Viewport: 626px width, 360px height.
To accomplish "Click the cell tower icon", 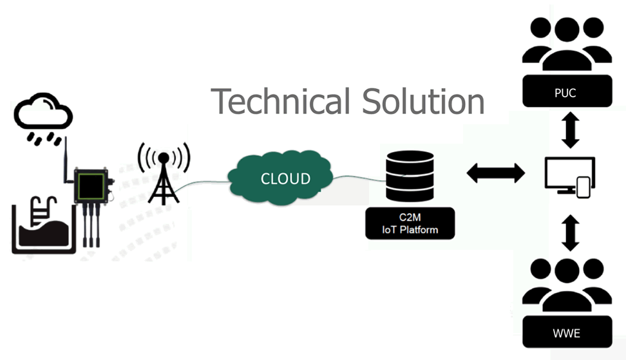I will [x=164, y=173].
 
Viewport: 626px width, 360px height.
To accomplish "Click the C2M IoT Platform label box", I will [x=410, y=224].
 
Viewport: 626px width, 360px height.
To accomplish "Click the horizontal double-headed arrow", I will [x=495, y=173].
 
